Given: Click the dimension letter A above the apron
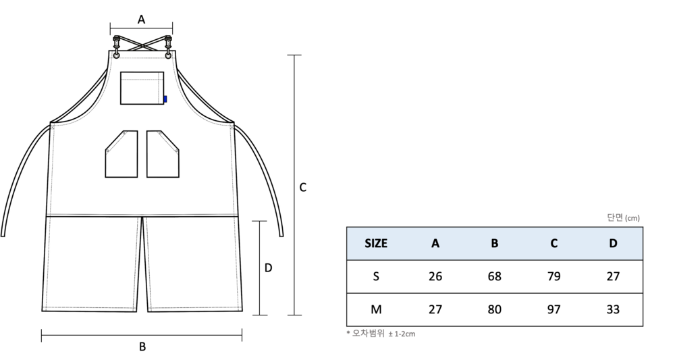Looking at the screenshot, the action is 141,20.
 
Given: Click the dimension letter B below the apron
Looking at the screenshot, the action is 142,346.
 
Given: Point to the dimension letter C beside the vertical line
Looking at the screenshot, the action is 302,187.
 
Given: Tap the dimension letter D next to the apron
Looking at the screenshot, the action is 268,268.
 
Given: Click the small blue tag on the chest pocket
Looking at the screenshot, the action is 165,99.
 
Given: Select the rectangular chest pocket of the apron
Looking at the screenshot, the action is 142,88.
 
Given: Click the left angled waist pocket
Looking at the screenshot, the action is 122,154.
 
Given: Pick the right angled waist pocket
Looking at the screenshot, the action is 163,154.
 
